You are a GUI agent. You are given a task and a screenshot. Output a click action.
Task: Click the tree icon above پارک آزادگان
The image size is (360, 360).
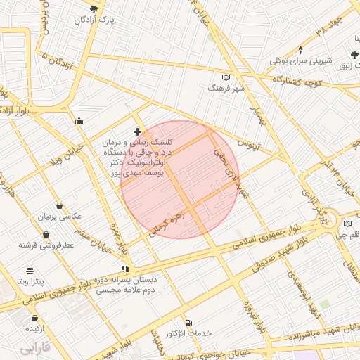(x=94, y=8)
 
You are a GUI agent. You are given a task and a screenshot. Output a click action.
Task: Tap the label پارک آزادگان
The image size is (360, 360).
(x=95, y=20)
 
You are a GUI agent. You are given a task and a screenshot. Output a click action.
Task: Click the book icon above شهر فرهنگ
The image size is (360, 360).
(x=226, y=77)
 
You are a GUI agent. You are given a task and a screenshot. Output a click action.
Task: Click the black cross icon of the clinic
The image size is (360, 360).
(x=137, y=131)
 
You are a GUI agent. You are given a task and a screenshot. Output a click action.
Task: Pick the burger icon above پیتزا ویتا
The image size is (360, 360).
(x=30, y=271)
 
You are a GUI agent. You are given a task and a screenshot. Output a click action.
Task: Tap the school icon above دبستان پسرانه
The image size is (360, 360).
(x=125, y=268)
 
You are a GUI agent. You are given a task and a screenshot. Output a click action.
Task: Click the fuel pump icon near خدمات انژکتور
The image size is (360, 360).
(x=187, y=322)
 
